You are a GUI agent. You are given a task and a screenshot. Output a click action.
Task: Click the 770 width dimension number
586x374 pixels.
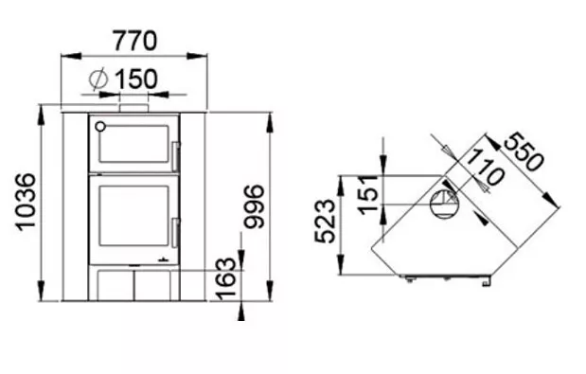tap(135, 41)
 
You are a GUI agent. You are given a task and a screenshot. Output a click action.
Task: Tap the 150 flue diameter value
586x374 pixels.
tap(136, 79)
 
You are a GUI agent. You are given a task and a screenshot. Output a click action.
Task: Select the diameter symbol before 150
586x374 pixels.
tap(98, 80)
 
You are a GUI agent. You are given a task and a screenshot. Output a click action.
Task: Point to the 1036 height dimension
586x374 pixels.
tap(26, 202)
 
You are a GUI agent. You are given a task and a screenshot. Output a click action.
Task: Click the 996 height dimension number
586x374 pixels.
tap(254, 206)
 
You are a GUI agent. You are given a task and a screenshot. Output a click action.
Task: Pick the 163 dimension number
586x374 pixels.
tap(227, 279)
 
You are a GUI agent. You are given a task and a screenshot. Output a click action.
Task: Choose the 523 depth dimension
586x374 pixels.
tap(325, 222)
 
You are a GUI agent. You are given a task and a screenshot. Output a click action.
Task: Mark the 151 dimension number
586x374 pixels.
tap(368, 195)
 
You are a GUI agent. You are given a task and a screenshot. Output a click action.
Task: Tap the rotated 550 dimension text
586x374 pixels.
tap(524, 151)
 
